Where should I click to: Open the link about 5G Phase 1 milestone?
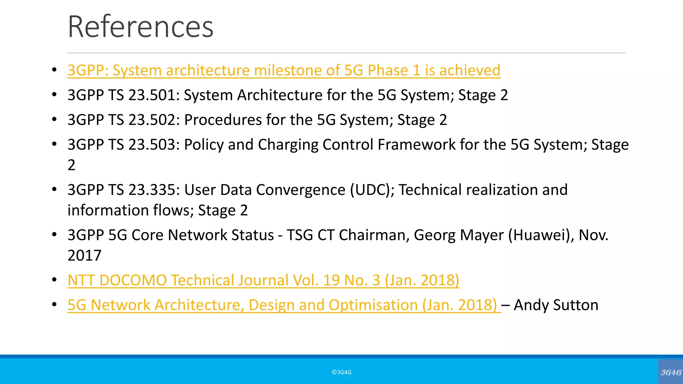[x=283, y=70]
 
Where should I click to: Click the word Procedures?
[x=223, y=120]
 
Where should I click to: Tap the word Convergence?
[x=301, y=190]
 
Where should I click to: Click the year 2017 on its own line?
[x=84, y=256]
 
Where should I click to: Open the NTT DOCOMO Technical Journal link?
[x=263, y=280]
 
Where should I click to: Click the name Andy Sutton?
[x=556, y=305]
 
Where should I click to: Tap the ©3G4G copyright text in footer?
[x=341, y=372]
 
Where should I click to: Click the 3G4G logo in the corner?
[x=671, y=372]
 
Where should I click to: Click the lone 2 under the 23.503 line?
[x=71, y=165]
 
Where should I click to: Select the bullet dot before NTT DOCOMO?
[x=54, y=280]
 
